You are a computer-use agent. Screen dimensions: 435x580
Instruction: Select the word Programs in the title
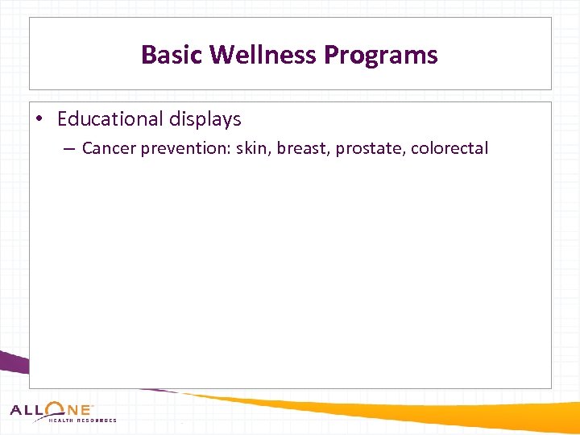tap(380, 55)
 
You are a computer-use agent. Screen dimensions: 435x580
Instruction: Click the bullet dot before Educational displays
tap(39, 120)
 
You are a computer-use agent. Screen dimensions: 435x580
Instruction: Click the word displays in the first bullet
tap(205, 119)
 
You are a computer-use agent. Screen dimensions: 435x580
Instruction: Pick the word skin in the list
tap(253, 148)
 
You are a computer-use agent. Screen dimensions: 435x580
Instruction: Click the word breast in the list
tap(303, 148)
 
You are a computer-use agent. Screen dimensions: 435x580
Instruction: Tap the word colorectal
tap(449, 148)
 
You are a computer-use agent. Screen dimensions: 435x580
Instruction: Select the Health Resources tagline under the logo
tap(83, 420)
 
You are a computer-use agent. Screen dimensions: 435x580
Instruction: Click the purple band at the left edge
tap(13, 363)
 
